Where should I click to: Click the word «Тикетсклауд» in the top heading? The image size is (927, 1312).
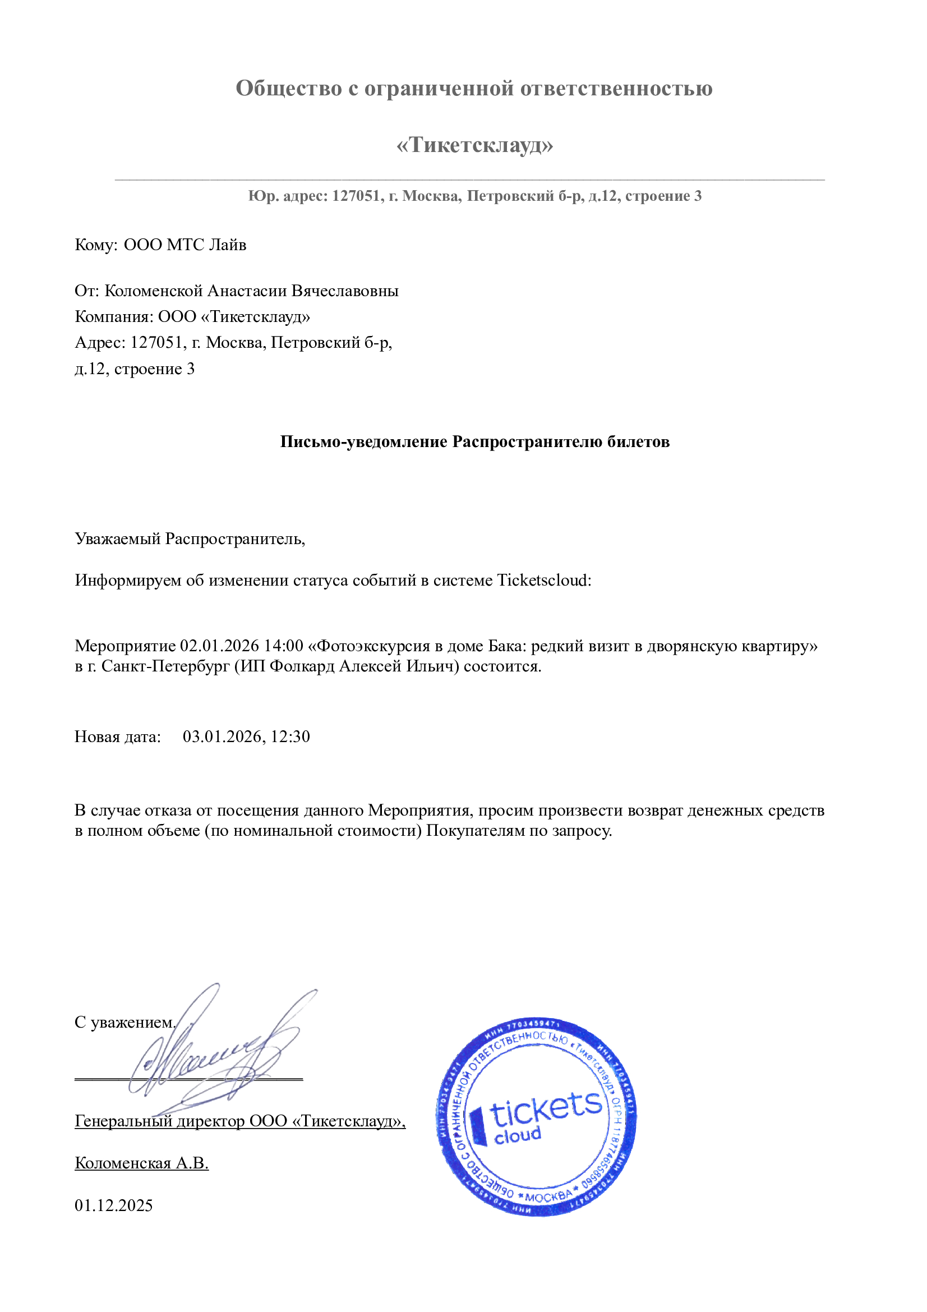(474, 145)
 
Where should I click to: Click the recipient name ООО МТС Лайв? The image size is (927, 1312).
(185, 245)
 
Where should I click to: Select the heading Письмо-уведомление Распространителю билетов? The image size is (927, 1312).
(474, 441)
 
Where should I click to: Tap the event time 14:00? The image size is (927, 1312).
(283, 646)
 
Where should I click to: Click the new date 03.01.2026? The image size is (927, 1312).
(222, 736)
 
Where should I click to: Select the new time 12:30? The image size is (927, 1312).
(290, 736)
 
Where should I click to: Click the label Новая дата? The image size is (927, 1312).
(118, 736)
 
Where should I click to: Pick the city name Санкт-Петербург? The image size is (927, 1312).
(165, 666)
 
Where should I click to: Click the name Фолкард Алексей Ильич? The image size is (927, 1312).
(364, 666)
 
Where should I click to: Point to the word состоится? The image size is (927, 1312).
(502, 666)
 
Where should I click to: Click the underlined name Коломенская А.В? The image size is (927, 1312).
(142, 1163)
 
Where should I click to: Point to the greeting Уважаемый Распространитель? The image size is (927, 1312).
(190, 538)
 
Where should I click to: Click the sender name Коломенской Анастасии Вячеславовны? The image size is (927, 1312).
(251, 291)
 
